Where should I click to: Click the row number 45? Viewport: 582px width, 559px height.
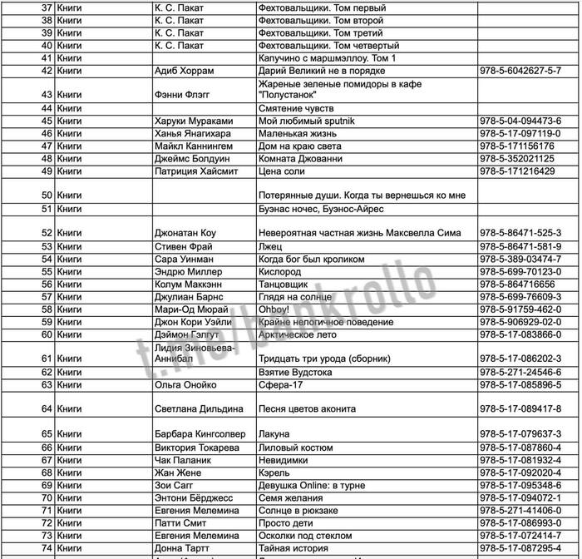tap(47, 121)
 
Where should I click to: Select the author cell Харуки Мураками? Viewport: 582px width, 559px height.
tap(194, 121)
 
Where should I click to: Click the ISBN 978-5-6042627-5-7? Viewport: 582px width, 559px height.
tap(520, 72)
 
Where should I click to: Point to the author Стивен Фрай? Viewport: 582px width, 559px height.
tap(184, 247)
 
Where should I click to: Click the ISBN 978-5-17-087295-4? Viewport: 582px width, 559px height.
tap(520, 548)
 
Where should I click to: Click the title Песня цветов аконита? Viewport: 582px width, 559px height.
tap(308, 409)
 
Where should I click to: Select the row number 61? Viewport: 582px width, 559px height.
tap(47, 359)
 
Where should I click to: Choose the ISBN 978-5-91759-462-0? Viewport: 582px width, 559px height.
tap(520, 309)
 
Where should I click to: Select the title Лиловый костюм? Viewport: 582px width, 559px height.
tap(295, 448)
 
